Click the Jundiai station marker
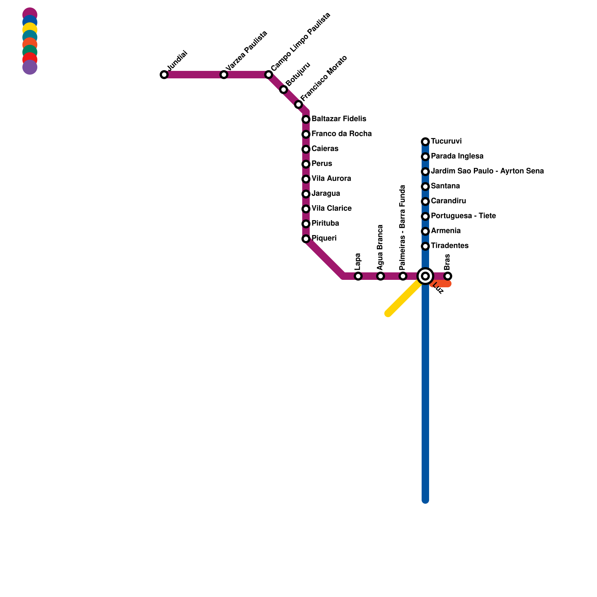point(164,75)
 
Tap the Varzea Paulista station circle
point(224,75)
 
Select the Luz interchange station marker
point(425,276)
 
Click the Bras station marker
point(448,276)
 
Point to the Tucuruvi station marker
point(425,142)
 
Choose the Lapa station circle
point(358,276)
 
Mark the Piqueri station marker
point(306,239)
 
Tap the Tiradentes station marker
point(425,246)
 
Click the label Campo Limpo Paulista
point(301,41)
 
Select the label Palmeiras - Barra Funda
point(402,228)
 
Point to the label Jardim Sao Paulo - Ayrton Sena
point(487,171)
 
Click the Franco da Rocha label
point(341,134)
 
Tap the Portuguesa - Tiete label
point(463,216)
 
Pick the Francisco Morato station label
point(323,78)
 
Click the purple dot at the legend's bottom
point(30,68)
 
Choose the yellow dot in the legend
point(30,29)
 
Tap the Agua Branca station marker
point(381,276)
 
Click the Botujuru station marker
point(284,90)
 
